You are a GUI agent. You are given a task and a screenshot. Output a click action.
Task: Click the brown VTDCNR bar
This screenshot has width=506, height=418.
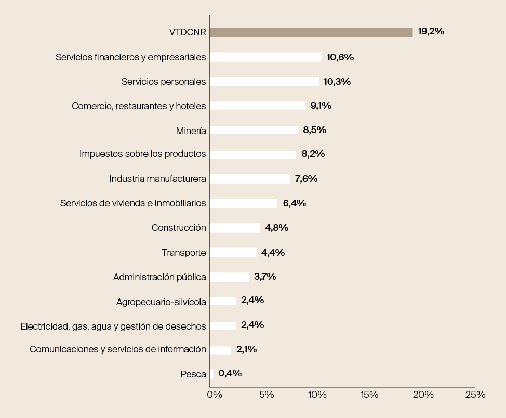[x=311, y=32]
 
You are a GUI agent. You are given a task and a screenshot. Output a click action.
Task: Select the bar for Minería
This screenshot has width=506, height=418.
[x=254, y=130]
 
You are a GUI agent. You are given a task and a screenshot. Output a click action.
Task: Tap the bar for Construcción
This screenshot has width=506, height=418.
[x=235, y=228]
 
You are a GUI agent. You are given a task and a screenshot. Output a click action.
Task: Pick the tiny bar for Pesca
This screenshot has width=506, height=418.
[x=211, y=374]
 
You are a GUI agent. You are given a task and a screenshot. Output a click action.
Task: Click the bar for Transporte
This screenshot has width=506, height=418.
[x=233, y=253]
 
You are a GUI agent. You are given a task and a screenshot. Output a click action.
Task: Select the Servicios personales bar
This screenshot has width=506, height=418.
[x=264, y=82]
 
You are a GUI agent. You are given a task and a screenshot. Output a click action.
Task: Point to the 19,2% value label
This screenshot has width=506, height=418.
[x=431, y=31]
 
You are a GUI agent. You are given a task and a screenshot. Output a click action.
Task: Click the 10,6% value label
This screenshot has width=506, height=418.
[x=340, y=57]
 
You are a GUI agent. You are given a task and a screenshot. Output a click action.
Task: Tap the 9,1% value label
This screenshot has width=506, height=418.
[x=321, y=106]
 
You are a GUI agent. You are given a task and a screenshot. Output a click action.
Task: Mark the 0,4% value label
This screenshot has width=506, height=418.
[x=230, y=373]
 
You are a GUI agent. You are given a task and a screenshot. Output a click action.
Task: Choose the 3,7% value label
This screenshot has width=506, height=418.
[x=265, y=277]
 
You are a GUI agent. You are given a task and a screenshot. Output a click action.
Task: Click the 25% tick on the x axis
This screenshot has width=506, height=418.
[x=475, y=395]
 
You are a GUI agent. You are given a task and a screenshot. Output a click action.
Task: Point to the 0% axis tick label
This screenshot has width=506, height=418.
[x=215, y=395]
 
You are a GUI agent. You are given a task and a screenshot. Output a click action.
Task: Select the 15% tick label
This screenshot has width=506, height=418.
[x=369, y=395]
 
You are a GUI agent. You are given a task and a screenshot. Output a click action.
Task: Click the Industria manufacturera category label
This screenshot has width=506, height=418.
[x=157, y=179]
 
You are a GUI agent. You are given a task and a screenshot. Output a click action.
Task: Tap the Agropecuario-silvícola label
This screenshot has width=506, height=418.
[x=161, y=302]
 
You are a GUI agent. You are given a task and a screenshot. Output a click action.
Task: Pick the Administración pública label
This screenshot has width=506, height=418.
[x=159, y=277]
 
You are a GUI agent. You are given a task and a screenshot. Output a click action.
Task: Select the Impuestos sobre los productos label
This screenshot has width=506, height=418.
[x=142, y=154]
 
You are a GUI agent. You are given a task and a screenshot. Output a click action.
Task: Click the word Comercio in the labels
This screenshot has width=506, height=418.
[x=91, y=106]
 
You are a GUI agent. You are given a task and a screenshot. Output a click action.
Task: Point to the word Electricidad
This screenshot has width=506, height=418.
[x=43, y=326]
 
